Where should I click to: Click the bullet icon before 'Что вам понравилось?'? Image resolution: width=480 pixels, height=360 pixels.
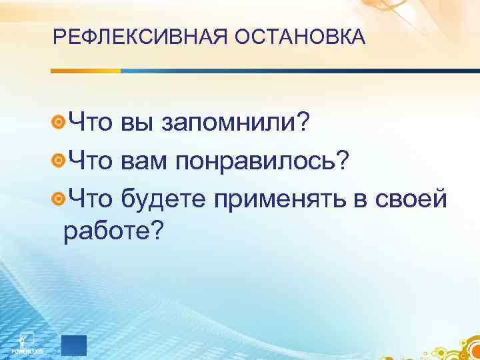tap(59, 160)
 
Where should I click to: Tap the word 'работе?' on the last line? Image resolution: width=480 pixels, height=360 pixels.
tap(113, 230)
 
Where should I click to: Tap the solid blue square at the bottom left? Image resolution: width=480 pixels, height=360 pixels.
tap(74, 346)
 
